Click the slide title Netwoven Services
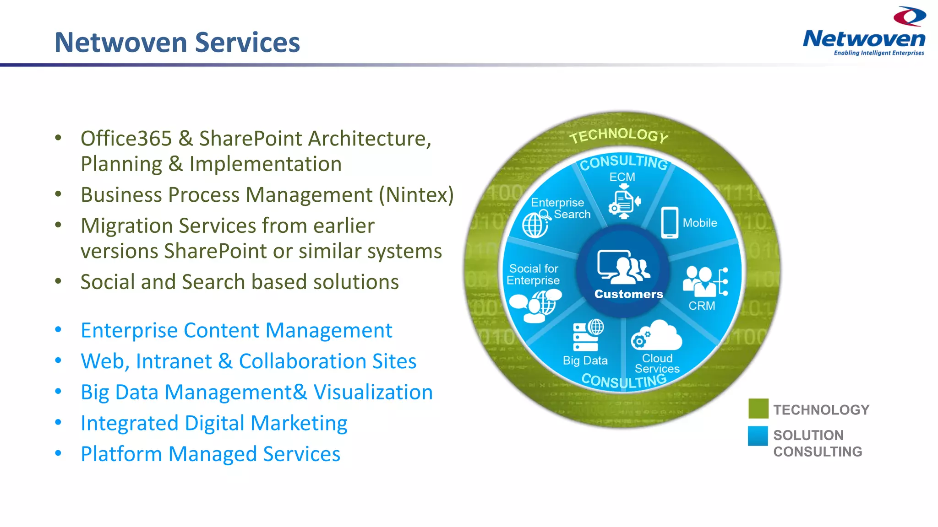pos(177,43)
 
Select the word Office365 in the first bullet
pos(126,139)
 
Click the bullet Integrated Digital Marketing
pos(214,423)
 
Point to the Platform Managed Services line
pos(210,454)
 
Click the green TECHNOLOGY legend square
pos(758,409)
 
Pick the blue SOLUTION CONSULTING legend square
pos(758,436)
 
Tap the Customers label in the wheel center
pos(628,294)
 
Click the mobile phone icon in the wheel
pos(670,223)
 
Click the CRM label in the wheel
pos(701,306)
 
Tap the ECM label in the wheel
pos(622,177)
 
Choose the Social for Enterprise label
pos(533,274)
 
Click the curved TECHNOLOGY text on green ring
pos(619,135)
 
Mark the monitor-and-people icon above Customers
pos(623,267)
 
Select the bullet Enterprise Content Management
pos(236,331)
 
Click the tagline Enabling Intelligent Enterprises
pos(878,53)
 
